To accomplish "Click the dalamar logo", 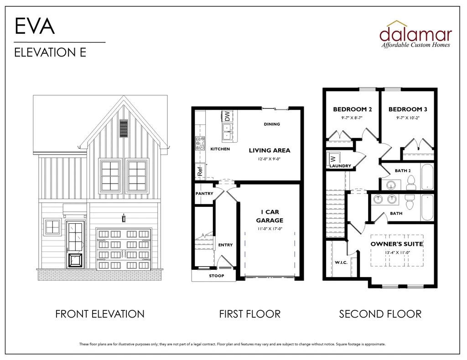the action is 416,34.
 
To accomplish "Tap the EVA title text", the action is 35,26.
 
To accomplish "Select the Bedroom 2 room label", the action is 353,109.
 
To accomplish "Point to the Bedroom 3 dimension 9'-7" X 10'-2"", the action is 408,118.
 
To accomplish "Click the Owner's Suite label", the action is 397,244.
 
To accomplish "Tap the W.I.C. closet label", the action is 341,262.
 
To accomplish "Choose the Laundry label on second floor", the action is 340,166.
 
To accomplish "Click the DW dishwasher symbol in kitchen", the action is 227,116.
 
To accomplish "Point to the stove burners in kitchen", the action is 200,143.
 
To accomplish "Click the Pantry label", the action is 204,193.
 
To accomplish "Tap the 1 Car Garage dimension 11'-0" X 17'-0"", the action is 270,229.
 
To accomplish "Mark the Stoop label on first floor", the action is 217,276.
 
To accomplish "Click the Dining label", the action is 272,124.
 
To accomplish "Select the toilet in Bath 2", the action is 411,182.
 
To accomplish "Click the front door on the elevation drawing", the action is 75,244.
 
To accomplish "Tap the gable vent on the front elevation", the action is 123,128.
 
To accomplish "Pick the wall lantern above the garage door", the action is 124,218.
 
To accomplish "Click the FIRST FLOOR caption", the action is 250,314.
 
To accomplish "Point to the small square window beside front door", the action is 52,227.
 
